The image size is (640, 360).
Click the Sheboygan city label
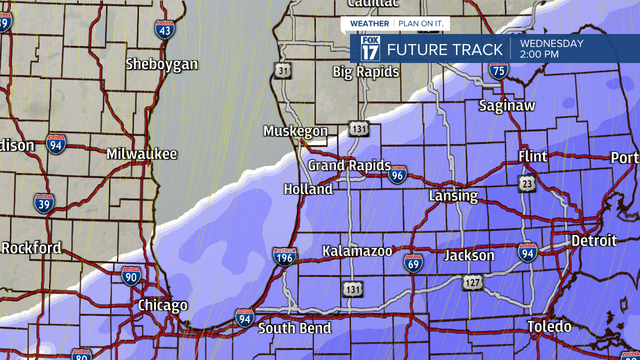tap(161, 64)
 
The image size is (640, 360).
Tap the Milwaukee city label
tap(141, 154)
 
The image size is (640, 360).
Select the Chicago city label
tap(162, 305)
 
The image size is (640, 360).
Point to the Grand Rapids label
tap(349, 165)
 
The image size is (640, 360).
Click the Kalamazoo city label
tap(357, 251)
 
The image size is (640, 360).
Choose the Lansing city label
tap(453, 196)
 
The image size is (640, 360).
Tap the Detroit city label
tap(594, 240)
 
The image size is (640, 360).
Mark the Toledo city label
tap(549, 327)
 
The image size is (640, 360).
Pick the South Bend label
tap(294, 328)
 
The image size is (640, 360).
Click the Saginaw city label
tap(507, 106)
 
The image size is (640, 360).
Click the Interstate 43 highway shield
tap(164, 30)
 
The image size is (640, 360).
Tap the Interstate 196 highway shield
tap(284, 256)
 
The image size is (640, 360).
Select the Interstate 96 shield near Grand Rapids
tap(397, 175)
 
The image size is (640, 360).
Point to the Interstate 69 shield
tap(413, 263)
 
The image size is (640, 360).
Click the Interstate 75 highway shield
tap(498, 71)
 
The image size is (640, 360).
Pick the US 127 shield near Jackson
tap(472, 283)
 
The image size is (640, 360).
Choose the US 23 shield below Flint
tap(526, 183)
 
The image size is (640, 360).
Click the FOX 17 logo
tap(370, 48)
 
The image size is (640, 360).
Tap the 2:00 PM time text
tap(539, 54)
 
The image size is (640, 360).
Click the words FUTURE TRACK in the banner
tap(444, 49)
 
